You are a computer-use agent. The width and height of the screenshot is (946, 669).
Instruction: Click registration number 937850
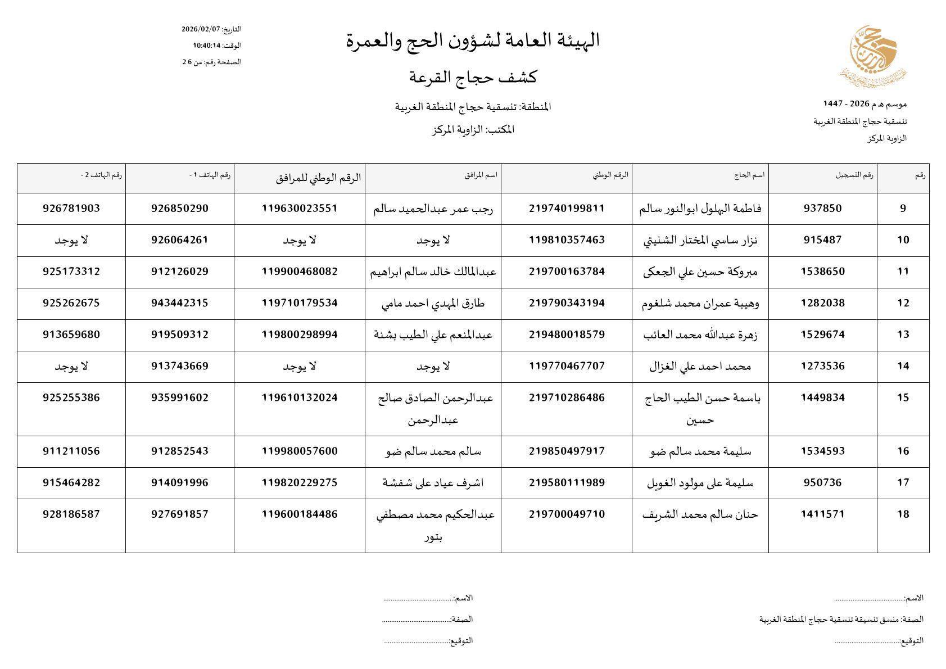click(x=822, y=209)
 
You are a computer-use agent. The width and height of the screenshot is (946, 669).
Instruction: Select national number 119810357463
click(x=567, y=240)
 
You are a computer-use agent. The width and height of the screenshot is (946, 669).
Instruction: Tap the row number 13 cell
click(x=903, y=334)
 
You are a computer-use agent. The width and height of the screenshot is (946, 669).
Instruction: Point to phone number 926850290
click(x=179, y=209)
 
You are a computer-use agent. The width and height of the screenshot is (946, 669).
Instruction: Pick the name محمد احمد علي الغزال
click(x=700, y=367)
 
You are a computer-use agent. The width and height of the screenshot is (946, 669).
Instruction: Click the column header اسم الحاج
click(x=749, y=175)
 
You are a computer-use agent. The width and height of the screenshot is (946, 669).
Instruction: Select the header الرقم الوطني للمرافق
click(x=319, y=178)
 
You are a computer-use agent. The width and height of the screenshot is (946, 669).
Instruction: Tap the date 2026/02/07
click(x=201, y=29)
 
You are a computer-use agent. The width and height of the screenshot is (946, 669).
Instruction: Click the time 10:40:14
click(x=205, y=46)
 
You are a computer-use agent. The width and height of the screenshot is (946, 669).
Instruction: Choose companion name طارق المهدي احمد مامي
click(x=433, y=304)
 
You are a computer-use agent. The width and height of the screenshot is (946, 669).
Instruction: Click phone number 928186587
click(x=71, y=514)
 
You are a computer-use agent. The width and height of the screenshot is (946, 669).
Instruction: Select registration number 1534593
click(x=822, y=451)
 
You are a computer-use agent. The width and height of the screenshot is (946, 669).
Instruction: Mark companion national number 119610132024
click(x=300, y=397)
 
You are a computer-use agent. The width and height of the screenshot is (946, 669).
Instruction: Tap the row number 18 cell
click(x=903, y=514)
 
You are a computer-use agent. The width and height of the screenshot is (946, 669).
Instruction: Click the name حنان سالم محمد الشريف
click(x=700, y=514)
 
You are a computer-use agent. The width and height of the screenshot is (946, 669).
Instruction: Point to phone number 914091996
click(x=179, y=482)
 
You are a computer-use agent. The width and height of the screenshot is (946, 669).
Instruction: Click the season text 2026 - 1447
click(x=846, y=104)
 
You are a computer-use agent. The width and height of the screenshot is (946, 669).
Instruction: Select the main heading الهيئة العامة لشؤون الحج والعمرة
click(x=473, y=40)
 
